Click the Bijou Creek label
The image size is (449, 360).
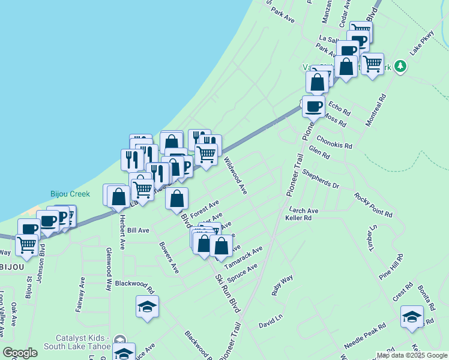click(69, 194)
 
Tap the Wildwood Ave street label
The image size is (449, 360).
click(235, 176)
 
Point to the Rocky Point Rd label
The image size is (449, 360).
click(373, 205)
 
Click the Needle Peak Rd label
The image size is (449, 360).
click(364, 339)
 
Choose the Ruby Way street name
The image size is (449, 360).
click(282, 286)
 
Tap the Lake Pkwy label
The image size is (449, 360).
click(421, 43)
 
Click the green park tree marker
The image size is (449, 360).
click(399, 67)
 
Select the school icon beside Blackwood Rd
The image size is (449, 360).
click(147, 307)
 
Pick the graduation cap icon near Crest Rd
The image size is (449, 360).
click(412, 317)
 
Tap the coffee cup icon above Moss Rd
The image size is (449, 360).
click(313, 107)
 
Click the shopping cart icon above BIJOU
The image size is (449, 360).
click(26, 244)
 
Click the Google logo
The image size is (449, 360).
click(20, 353)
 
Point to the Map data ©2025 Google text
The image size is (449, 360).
click(411, 355)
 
